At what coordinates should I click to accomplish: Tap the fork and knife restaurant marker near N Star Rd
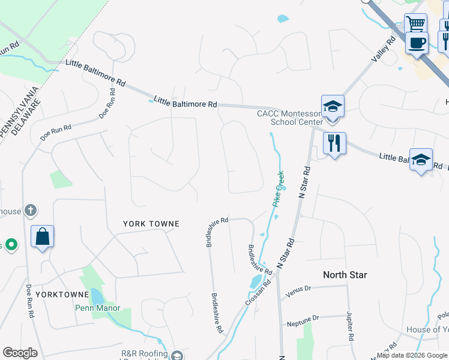[334, 143]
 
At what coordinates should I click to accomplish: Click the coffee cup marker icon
[417, 43]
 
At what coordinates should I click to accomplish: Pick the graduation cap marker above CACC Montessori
[333, 106]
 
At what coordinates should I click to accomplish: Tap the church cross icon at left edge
[31, 211]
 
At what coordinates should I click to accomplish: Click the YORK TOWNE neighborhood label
[151, 224]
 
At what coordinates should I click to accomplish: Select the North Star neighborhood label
[345, 275]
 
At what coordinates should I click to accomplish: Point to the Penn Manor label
[93, 308]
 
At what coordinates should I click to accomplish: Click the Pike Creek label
[279, 189]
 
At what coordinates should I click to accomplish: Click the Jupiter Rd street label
[349, 326]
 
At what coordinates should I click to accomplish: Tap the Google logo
[20, 353]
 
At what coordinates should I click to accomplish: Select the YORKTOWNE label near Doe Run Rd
[57, 295]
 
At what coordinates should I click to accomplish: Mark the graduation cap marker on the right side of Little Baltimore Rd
[421, 160]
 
